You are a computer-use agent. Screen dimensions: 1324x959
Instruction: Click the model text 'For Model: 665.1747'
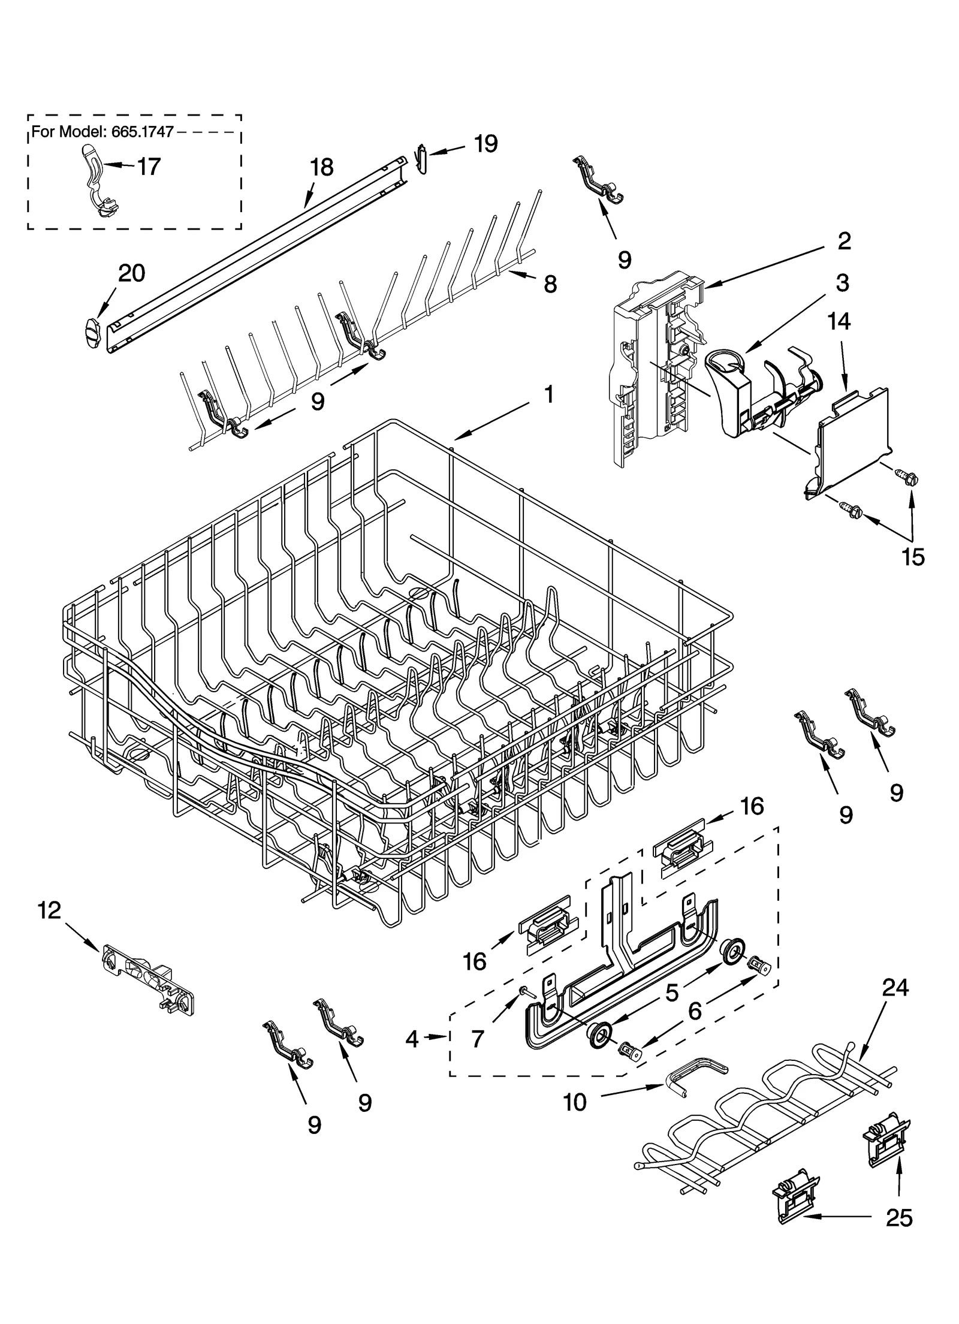[102, 132]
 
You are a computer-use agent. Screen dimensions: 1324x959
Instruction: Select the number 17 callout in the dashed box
[149, 167]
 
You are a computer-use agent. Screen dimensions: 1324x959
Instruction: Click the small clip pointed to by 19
[422, 159]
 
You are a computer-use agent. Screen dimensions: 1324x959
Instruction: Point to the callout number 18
[322, 168]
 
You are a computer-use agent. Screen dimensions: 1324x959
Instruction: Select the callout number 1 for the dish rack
[547, 395]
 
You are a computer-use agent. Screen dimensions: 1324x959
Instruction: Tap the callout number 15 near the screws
[913, 557]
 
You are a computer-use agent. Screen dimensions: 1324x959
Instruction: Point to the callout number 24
[895, 987]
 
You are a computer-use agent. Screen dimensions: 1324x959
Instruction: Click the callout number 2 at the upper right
[843, 242]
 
